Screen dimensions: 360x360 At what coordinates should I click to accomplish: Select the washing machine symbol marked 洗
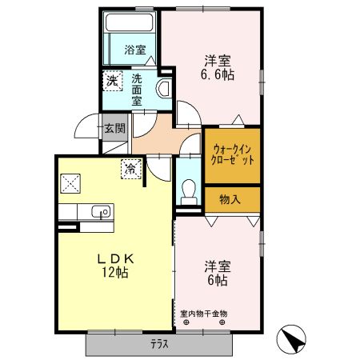tap(112, 81)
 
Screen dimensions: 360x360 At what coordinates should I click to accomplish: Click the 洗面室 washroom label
tap(138, 90)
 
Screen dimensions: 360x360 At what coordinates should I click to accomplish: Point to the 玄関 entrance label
tap(114, 127)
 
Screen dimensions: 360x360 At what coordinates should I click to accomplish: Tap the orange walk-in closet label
tap(233, 154)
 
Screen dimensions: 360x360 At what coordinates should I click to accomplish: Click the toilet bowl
tap(189, 189)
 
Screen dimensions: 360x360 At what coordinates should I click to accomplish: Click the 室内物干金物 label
tap(203, 314)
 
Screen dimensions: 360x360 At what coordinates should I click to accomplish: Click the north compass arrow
tap(292, 339)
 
